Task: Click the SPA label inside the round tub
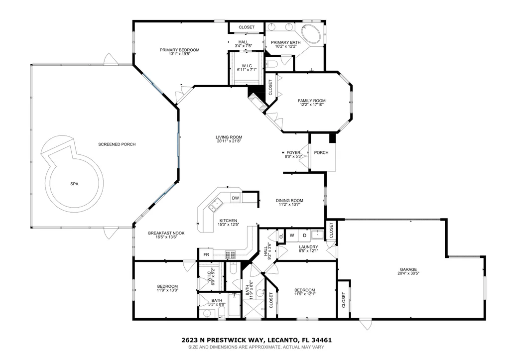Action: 74,184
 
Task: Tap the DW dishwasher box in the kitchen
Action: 236,198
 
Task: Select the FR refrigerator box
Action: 206,254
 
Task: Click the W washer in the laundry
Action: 292,236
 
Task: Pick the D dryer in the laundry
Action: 305,236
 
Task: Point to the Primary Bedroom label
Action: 179,50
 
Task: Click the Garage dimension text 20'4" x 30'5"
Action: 408,273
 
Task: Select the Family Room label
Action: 312,101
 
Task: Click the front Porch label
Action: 321,152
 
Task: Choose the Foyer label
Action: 293,152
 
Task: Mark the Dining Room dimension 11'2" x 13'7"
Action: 289,205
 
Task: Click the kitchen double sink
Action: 215,204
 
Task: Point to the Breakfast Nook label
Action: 166,233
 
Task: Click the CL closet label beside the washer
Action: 281,236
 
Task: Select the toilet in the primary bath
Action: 271,64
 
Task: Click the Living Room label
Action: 229,137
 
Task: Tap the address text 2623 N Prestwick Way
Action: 224,341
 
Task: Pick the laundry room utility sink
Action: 316,234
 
